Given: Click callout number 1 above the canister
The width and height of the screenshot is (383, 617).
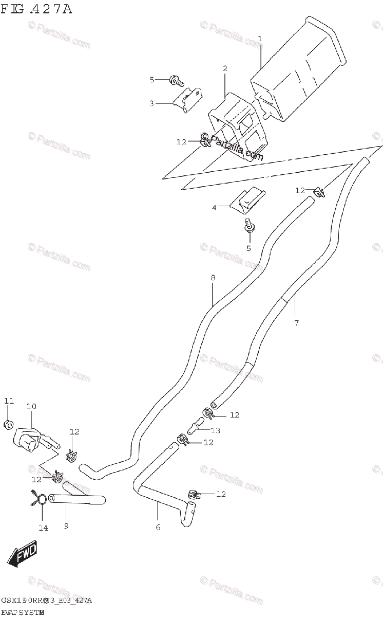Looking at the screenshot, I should (260, 39).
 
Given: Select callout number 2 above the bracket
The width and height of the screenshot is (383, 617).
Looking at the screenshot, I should (225, 68).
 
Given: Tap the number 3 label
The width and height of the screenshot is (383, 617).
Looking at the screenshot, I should (152, 103).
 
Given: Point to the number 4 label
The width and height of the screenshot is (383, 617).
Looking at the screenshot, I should (215, 208).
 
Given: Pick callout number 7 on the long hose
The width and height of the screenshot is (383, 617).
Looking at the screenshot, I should (296, 323).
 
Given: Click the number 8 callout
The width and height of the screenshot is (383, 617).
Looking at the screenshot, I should (213, 278).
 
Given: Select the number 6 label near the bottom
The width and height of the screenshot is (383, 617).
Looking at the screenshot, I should (158, 527).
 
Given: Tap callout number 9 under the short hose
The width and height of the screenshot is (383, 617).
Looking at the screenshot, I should (66, 526).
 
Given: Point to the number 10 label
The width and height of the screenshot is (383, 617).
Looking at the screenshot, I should (31, 406).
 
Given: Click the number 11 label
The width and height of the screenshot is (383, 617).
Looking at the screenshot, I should (9, 401).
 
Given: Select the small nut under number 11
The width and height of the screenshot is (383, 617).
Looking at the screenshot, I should (9, 425).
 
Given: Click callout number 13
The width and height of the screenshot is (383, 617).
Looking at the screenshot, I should (216, 430).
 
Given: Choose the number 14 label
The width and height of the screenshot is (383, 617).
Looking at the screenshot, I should (43, 528).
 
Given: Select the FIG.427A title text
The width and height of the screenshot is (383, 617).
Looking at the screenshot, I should (36, 9).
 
